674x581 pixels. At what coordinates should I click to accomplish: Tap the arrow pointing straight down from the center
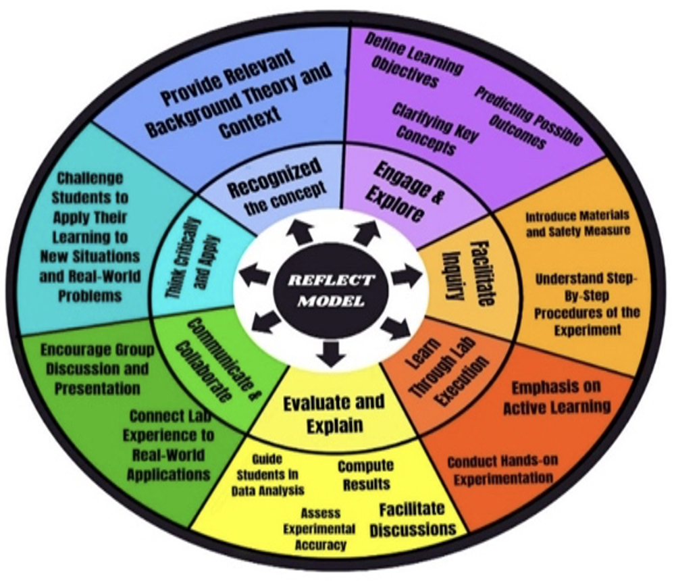coord(331,353)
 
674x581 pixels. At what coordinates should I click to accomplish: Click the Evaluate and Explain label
coord(334,413)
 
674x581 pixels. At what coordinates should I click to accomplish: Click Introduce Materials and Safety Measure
coord(577,222)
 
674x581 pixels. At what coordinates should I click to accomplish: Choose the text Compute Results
coord(365,475)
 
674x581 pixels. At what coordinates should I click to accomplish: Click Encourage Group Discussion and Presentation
coord(93,369)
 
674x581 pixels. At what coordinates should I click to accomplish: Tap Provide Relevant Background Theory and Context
coord(236,95)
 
